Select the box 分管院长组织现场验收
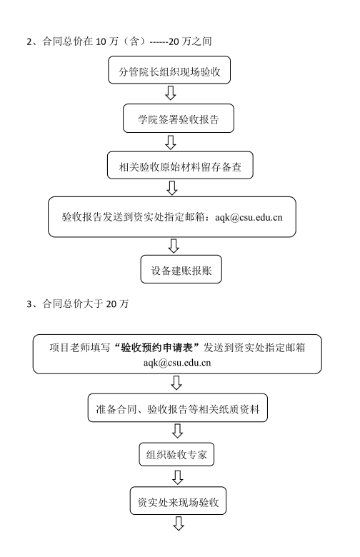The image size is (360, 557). (x=169, y=70)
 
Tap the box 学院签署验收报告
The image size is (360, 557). (x=179, y=119)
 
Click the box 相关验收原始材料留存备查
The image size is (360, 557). (x=180, y=165)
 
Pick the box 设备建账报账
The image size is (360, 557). (x=181, y=269)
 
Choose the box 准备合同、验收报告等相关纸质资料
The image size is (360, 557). (x=178, y=408)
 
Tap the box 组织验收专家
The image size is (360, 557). (x=176, y=454)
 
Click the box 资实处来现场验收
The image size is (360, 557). (x=178, y=501)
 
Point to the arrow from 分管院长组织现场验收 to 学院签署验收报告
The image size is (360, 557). (x=171, y=93)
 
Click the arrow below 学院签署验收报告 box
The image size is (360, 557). (x=171, y=142)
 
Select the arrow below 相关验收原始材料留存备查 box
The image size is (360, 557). (x=172, y=188)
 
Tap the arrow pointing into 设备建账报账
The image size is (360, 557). (x=174, y=246)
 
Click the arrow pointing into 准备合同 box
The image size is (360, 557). (x=176, y=383)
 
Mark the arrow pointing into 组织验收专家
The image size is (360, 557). (x=177, y=431)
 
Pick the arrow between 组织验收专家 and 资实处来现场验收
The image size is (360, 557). (x=178, y=477)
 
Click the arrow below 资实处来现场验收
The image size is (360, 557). (x=179, y=523)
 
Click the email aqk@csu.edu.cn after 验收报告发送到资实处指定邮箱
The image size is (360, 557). (x=249, y=217)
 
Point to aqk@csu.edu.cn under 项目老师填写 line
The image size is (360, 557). (x=177, y=363)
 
